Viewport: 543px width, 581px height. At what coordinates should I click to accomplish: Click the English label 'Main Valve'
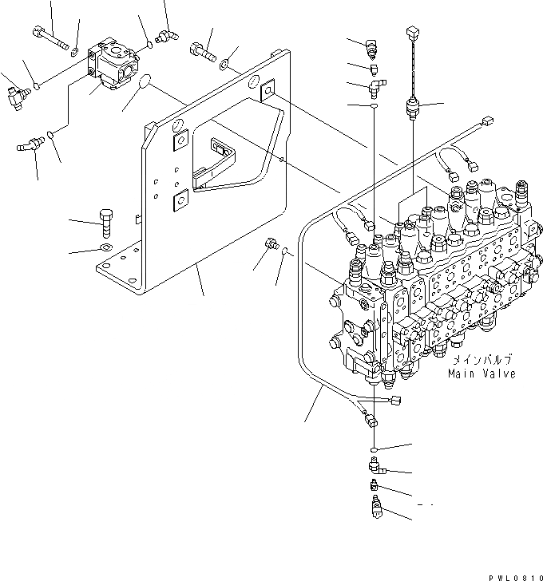(481, 373)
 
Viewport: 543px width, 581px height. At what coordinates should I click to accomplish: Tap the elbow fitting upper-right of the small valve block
(168, 34)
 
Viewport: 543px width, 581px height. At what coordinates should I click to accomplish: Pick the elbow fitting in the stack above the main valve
(376, 83)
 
